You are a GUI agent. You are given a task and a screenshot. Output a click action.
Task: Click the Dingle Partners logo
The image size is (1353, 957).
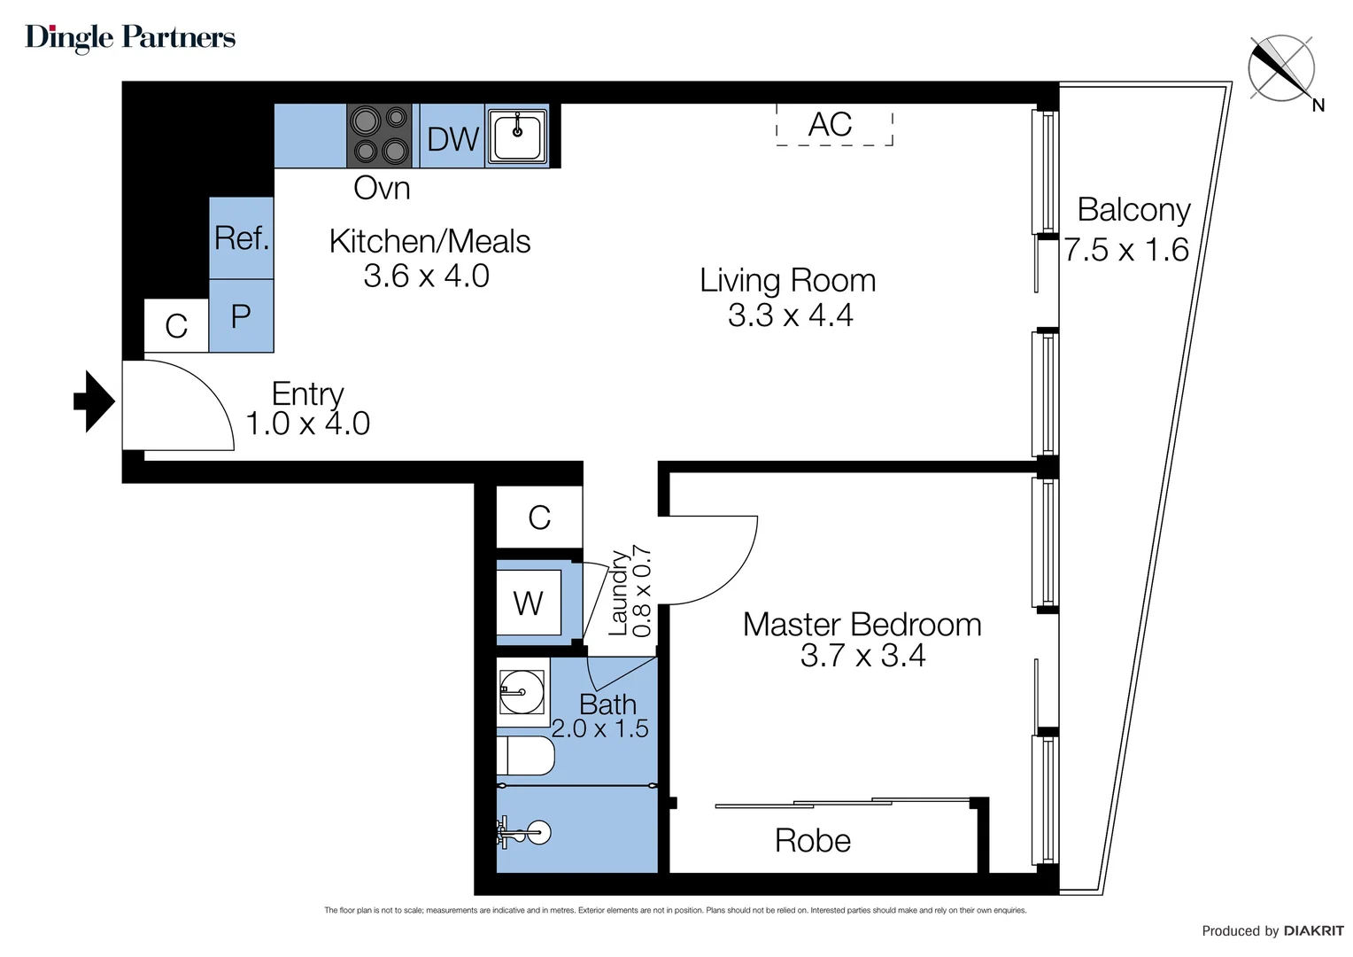pyautogui.click(x=130, y=37)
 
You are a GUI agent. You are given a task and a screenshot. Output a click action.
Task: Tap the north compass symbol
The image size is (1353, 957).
pyautogui.click(x=1281, y=68)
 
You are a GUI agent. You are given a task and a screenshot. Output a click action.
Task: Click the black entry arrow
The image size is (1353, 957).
pyautogui.click(x=94, y=401)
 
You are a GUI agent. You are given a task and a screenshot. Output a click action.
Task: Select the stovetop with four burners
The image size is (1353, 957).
pyautogui.click(x=379, y=136)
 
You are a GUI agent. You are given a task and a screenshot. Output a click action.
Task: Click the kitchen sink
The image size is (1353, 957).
pyautogui.click(x=517, y=136)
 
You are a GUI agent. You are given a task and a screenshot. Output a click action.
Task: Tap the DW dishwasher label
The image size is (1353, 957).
pyautogui.click(x=452, y=139)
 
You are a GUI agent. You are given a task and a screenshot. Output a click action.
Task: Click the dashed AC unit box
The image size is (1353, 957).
pyautogui.click(x=833, y=125)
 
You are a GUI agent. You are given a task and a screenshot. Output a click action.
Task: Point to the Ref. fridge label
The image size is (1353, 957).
pyautogui.click(x=241, y=237)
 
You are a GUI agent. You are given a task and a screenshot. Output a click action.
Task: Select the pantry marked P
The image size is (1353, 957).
pyautogui.click(x=241, y=315)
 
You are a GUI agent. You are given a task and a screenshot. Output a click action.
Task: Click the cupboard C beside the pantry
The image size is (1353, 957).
pyautogui.click(x=176, y=326)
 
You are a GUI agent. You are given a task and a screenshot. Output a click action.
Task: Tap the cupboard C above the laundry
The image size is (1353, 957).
pyautogui.click(x=538, y=517)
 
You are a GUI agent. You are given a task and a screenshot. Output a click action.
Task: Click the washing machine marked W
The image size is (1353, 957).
pyautogui.click(x=528, y=603)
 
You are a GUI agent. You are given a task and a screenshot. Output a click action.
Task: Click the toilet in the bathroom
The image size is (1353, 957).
pyautogui.click(x=524, y=756)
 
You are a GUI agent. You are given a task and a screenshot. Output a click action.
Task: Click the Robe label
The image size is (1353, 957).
pyautogui.click(x=812, y=840)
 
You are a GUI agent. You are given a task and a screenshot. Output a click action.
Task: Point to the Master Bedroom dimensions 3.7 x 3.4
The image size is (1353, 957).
pyautogui.click(x=862, y=656)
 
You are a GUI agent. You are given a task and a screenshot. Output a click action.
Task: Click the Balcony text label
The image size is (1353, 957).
pyautogui.click(x=1133, y=210)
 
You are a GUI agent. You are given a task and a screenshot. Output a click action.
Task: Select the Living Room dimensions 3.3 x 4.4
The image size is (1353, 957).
pyautogui.click(x=790, y=315)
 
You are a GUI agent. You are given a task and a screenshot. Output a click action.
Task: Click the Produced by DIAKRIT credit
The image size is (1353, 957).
pyautogui.click(x=1272, y=930)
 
